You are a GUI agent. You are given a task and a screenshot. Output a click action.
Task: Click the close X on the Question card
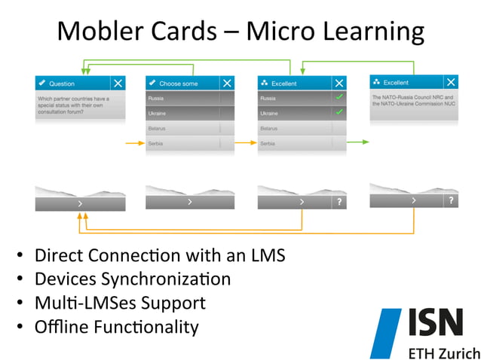click(x=118, y=83)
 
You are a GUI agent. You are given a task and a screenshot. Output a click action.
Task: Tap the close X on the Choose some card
click(x=228, y=83)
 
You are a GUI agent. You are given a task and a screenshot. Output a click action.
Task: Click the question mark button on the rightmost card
click(x=450, y=200)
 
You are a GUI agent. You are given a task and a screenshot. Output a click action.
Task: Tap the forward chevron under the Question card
click(x=80, y=203)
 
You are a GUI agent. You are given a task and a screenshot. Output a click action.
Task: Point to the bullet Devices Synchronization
click(x=132, y=279)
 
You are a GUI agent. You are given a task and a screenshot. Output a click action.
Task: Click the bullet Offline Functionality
click(x=116, y=327)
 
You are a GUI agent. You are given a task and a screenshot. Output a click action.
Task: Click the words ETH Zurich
click(x=443, y=352)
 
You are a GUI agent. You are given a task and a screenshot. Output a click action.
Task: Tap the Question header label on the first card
click(x=61, y=83)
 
